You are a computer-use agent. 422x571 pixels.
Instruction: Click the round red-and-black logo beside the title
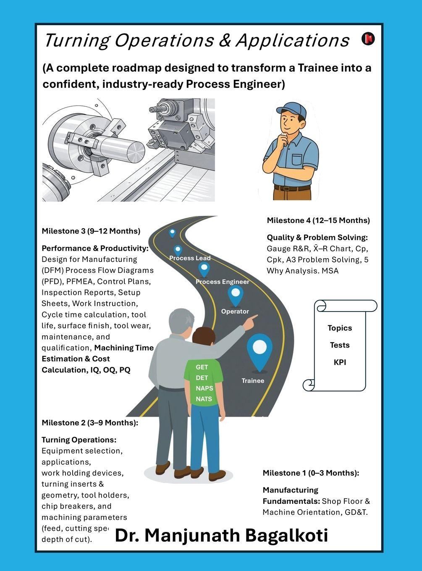[x=368, y=39]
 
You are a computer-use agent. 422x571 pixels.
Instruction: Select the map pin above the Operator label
[x=235, y=294]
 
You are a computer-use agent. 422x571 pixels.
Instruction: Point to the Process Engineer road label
[x=222, y=282]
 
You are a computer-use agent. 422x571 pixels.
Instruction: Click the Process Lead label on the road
[x=190, y=258]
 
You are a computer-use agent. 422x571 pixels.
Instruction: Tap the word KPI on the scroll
[x=340, y=362]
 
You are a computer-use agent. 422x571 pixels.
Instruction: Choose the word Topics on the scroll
[x=340, y=328]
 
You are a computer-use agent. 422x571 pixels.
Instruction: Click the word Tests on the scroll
[x=340, y=345]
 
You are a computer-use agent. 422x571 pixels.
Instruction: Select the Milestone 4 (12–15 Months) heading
[x=318, y=220]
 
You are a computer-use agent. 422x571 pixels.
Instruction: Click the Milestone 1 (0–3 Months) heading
[x=311, y=473]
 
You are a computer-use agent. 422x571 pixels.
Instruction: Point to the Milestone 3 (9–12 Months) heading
[x=91, y=231]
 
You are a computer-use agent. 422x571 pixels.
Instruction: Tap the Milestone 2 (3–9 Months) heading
[x=90, y=423]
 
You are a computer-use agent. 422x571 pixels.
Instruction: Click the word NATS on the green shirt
[x=204, y=399]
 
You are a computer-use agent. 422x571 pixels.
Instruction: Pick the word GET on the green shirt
[x=202, y=367]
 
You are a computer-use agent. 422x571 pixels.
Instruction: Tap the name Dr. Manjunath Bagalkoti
[x=221, y=536]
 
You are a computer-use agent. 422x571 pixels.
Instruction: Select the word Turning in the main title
[x=76, y=41]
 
